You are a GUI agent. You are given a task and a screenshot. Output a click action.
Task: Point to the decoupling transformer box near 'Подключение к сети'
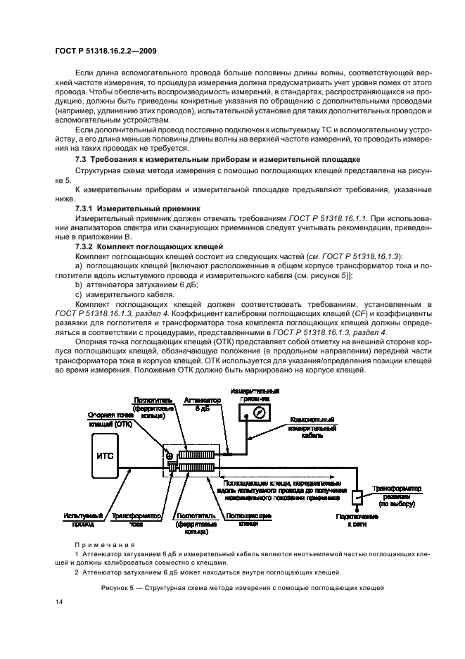click(x=355, y=498)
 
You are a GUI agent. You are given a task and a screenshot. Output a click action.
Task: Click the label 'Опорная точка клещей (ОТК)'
click(x=108, y=420)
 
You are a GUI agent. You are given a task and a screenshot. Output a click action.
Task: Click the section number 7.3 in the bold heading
click(x=80, y=160)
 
